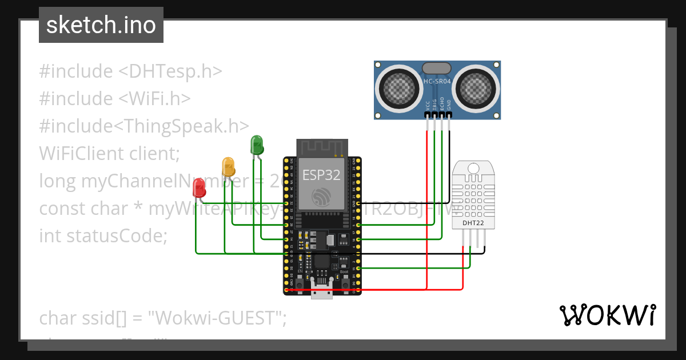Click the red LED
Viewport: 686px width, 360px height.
(199, 187)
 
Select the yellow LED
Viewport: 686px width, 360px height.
(228, 166)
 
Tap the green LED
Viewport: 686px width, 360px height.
(257, 144)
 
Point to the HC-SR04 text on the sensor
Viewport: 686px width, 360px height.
(437, 82)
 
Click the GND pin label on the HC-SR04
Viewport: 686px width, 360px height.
(449, 105)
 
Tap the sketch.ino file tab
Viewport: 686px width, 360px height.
(101, 25)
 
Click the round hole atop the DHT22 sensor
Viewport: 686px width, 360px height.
(473, 168)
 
